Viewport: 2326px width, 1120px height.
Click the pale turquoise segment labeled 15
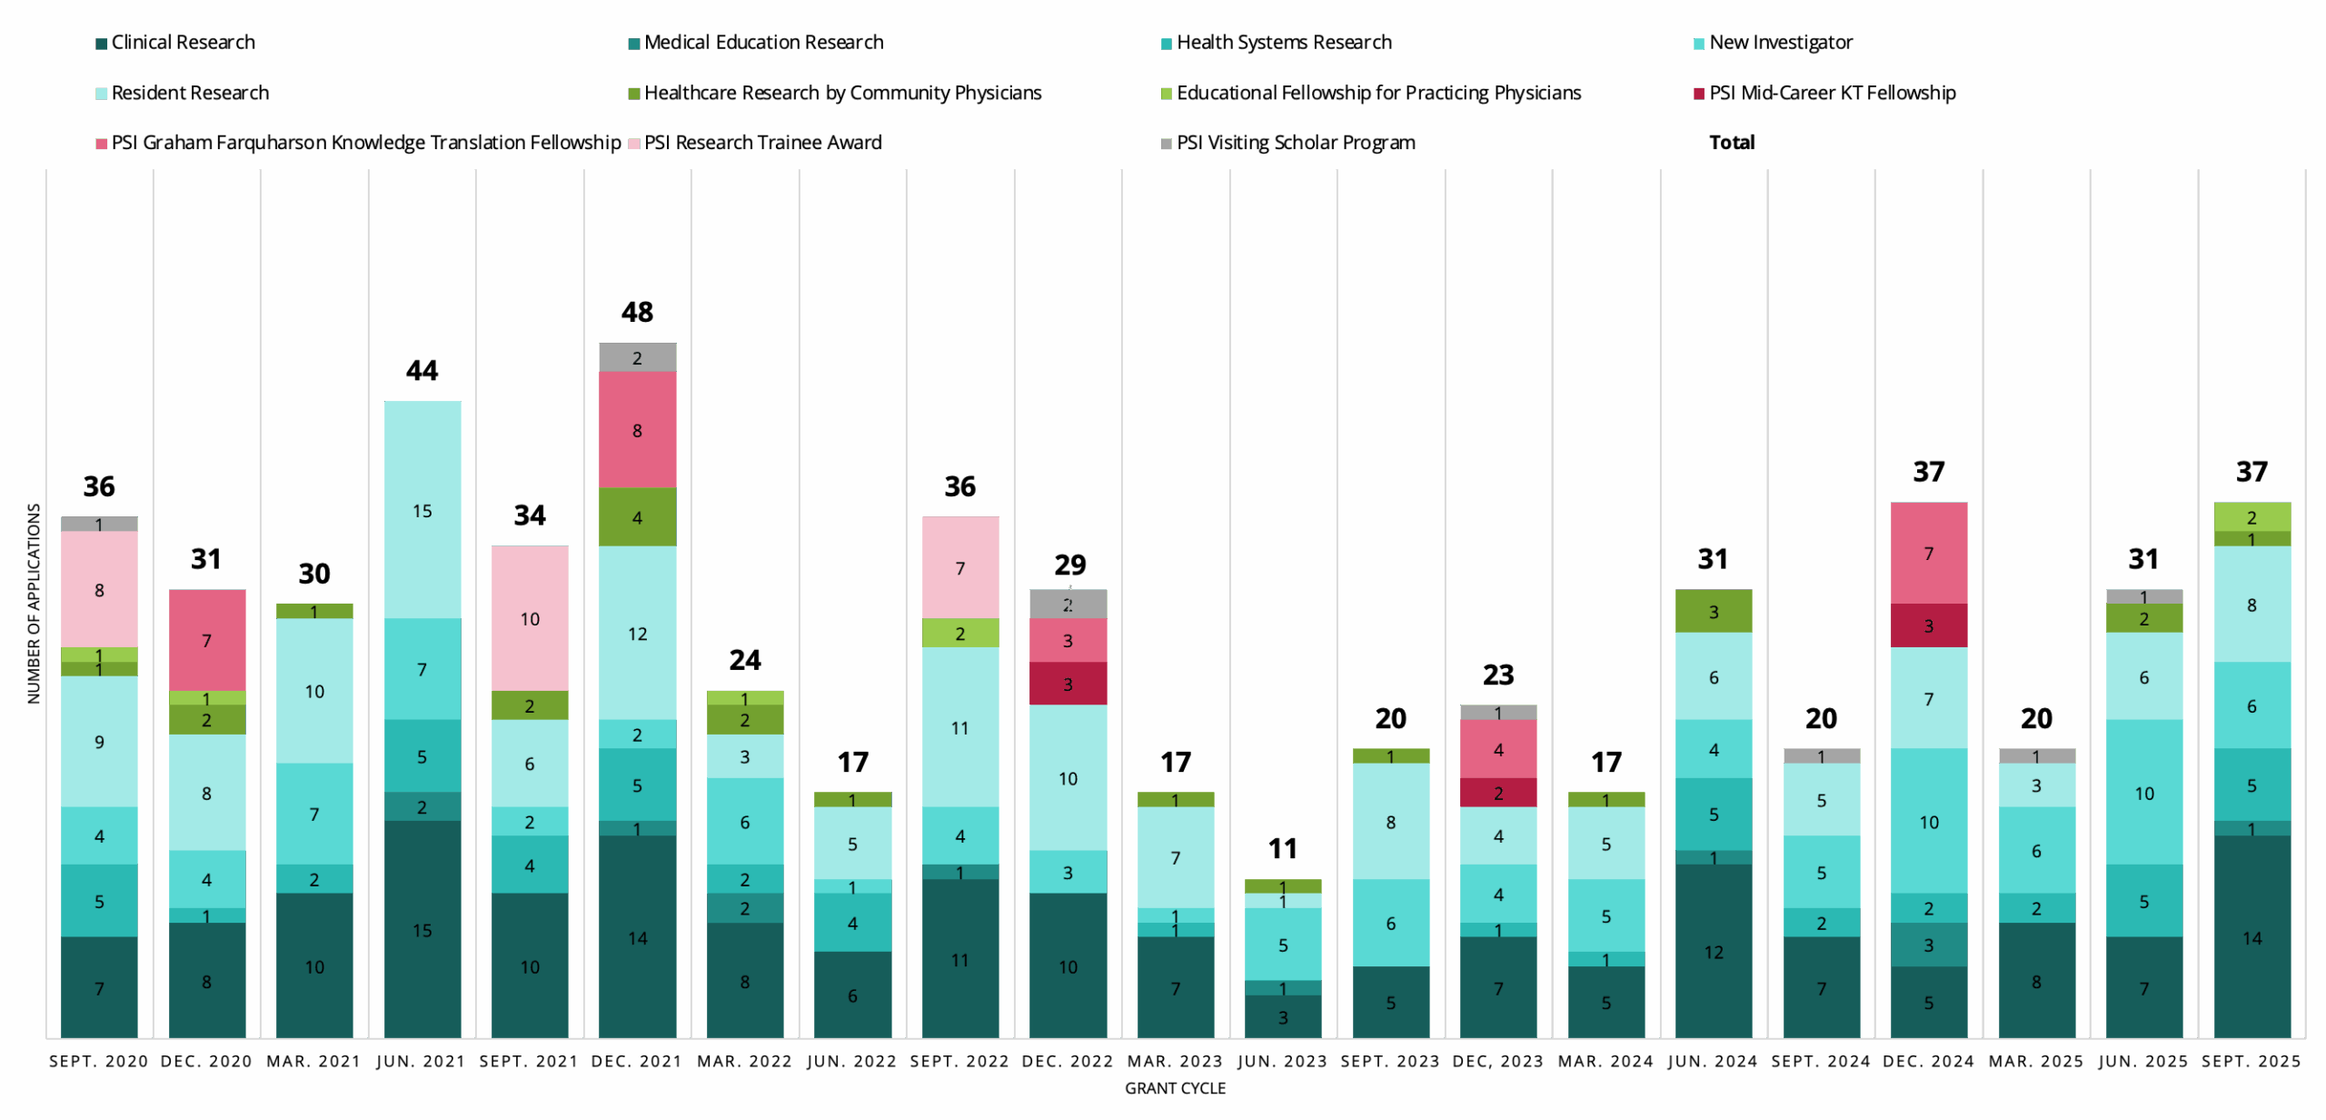coord(422,510)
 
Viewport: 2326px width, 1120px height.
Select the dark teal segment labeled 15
coord(422,929)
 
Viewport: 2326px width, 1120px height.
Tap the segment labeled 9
coord(99,741)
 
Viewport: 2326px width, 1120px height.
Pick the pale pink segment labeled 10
coord(530,618)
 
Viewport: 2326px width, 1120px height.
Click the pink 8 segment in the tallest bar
coord(637,430)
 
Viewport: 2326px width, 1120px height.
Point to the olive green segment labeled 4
coord(637,516)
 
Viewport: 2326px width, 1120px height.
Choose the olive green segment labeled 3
coord(1714,611)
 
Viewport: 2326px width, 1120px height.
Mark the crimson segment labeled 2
coord(1498,792)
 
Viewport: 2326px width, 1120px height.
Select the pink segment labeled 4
coord(1498,749)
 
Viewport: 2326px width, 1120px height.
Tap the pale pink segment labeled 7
coord(960,567)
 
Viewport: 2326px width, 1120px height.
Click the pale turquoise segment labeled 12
coord(637,633)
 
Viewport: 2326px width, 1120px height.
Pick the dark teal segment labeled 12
coord(1714,951)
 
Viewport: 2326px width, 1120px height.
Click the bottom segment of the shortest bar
coord(1283,1016)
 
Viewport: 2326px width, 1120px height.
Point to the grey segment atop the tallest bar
coord(637,357)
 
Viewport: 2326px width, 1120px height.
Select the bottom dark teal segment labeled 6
coord(852,995)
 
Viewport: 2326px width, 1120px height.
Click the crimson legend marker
coord(1699,94)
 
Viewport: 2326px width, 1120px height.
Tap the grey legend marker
coord(1167,144)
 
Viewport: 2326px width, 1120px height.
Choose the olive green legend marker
coord(634,94)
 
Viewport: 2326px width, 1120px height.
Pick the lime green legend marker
coord(1167,94)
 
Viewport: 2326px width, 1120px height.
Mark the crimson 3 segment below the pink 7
coord(1929,625)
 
